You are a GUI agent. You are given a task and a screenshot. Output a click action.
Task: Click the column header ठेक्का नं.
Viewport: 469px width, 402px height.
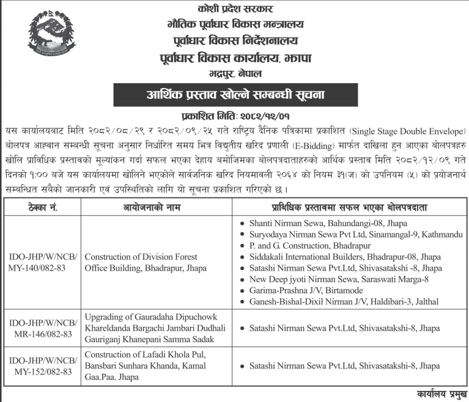[41, 207]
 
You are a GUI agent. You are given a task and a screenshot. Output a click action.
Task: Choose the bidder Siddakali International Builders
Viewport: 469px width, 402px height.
[345, 257]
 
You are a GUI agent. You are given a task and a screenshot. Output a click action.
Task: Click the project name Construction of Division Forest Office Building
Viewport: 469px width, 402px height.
[149, 262]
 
